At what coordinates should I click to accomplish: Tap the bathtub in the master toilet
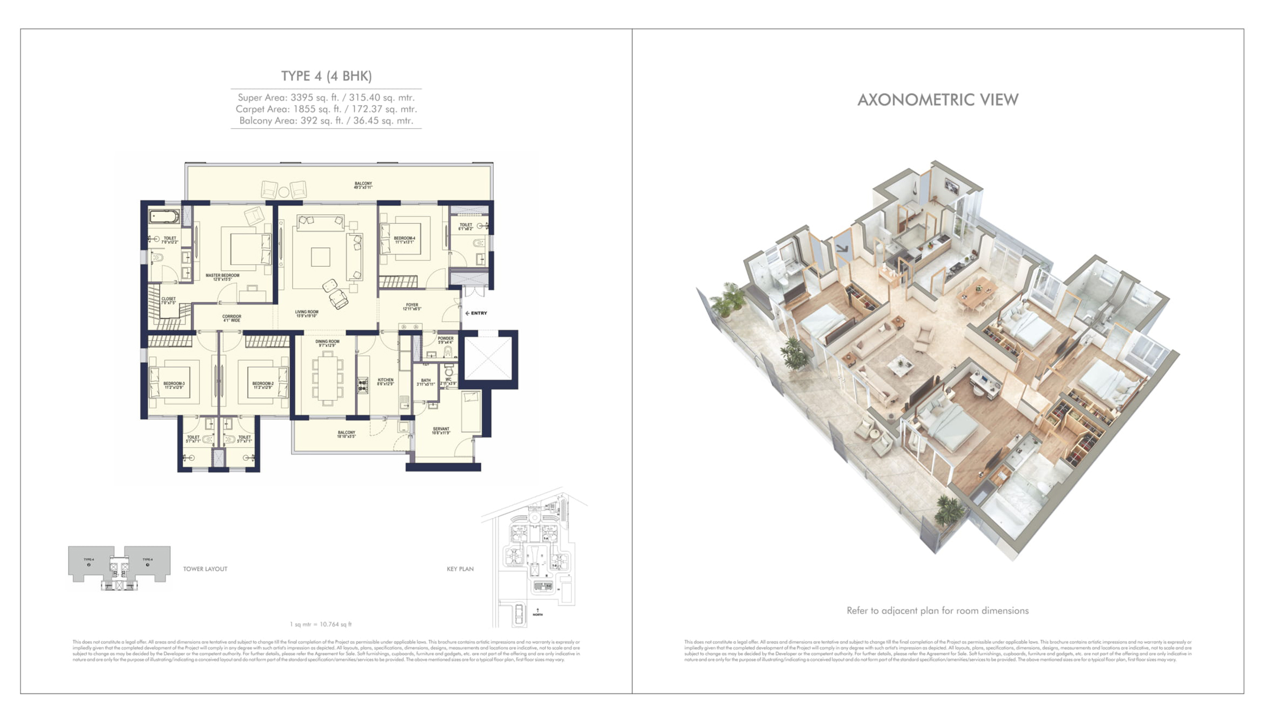point(164,217)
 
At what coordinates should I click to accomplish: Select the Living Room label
point(307,314)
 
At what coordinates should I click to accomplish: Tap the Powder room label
point(446,340)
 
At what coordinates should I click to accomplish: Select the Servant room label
point(441,431)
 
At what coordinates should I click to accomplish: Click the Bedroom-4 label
point(405,240)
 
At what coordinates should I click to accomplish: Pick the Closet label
point(168,301)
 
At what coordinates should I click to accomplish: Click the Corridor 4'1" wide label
point(231,319)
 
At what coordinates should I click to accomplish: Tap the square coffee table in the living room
point(320,257)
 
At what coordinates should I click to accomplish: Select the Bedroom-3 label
point(174,386)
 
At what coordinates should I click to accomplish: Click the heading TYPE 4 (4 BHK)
point(326,76)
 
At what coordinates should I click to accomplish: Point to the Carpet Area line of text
point(326,109)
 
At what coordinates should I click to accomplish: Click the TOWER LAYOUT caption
point(205,569)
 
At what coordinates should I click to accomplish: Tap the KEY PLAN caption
point(460,569)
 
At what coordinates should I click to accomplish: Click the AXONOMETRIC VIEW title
point(938,100)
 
